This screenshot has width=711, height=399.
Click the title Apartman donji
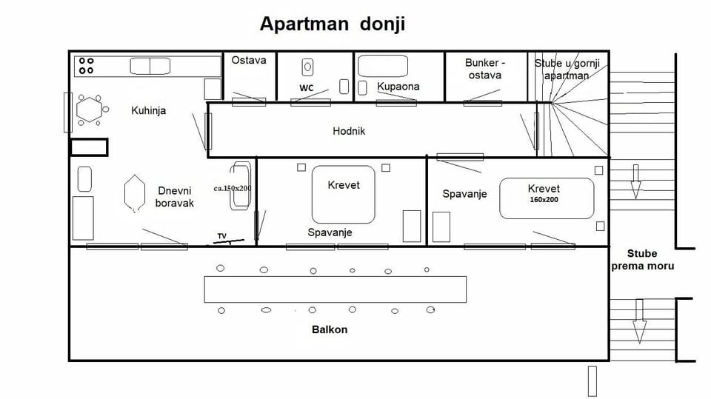[x=332, y=24]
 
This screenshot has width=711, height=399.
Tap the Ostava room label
[x=250, y=60]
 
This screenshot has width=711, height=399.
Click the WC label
[x=307, y=87]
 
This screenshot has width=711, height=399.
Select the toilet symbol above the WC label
[x=307, y=67]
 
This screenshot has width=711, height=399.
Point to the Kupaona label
[x=398, y=87]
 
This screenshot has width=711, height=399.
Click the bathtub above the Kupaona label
[x=383, y=66]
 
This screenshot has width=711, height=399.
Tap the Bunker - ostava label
[x=484, y=69]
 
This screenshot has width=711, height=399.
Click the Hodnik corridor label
[x=349, y=131]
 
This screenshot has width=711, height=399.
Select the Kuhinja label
[x=148, y=111]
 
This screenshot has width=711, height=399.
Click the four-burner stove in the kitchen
[x=87, y=66]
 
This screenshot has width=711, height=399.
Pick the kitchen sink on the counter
[x=150, y=66]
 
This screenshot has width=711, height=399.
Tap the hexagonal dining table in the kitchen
[x=89, y=110]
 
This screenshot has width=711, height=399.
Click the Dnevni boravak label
[x=175, y=196]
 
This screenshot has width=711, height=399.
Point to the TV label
[x=221, y=236]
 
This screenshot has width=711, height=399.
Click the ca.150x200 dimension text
[x=232, y=189]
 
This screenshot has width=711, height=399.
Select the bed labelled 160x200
[x=547, y=198]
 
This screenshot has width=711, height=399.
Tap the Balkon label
[x=330, y=329]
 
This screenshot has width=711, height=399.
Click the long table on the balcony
[x=335, y=289]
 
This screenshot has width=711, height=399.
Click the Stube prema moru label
[x=642, y=260]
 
